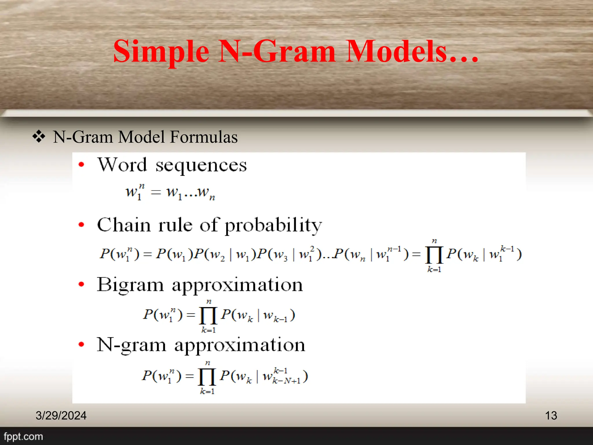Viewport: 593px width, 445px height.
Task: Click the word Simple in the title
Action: [x=161, y=52]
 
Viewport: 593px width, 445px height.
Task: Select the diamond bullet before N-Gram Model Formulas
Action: [x=39, y=136]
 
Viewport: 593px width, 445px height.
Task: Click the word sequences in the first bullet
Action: [x=201, y=165]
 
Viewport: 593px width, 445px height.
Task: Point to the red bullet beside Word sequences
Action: [x=81, y=165]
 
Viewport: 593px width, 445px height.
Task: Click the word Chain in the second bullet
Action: [x=124, y=225]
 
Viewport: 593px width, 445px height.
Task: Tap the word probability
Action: [x=273, y=225]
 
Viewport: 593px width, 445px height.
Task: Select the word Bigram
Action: [x=130, y=285]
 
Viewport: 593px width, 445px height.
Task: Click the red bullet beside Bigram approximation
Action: [x=81, y=284]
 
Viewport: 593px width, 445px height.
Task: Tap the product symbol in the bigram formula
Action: [x=208, y=315]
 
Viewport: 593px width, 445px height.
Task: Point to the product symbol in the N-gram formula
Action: [x=207, y=377]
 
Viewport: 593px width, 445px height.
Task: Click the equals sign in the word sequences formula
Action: [x=156, y=192]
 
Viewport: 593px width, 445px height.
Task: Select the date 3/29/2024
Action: [x=61, y=415]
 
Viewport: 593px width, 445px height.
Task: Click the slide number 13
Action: [x=551, y=415]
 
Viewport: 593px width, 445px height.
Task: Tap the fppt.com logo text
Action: [x=23, y=436]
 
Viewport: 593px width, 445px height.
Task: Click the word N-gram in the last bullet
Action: [x=131, y=345]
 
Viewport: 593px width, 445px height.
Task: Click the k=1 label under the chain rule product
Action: [x=434, y=269]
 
